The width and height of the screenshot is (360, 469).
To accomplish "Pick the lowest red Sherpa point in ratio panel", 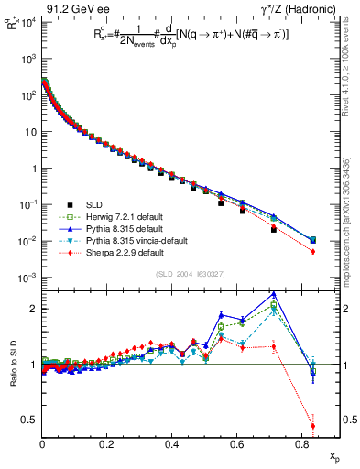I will (313, 426).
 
